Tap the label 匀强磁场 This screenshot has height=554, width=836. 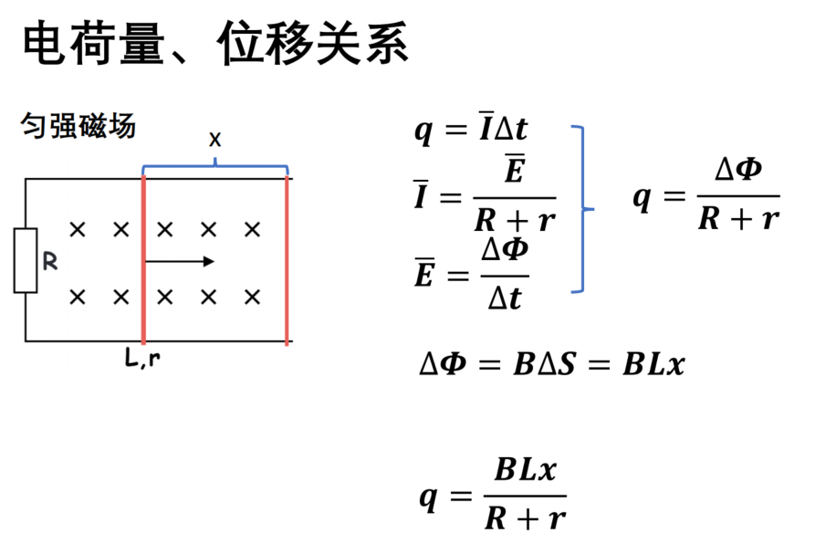click(78, 126)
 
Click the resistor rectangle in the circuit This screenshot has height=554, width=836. click(26, 260)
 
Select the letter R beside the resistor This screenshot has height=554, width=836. click(50, 261)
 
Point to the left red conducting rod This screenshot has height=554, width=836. click(143, 260)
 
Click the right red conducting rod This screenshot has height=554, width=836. click(287, 260)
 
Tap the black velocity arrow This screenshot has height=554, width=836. click(180, 261)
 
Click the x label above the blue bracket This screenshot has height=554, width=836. click(214, 140)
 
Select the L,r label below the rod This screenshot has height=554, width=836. click(142, 358)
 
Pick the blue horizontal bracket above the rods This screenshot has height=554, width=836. click(214, 166)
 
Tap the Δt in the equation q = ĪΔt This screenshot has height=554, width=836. click(511, 128)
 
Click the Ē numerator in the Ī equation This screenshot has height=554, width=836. click(515, 169)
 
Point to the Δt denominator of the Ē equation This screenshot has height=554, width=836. click(505, 298)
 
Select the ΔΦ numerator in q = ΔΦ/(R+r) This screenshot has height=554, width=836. click(738, 169)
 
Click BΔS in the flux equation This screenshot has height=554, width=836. click(544, 365)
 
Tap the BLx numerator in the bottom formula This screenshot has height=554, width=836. click(525, 470)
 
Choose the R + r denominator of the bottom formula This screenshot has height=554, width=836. click(525, 518)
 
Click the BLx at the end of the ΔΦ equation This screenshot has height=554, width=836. click(653, 365)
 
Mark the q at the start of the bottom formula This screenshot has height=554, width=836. click(429, 498)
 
